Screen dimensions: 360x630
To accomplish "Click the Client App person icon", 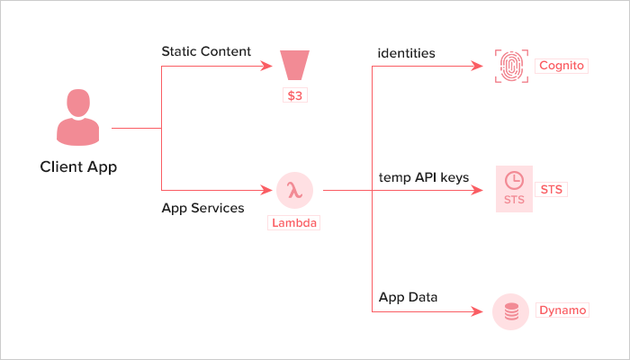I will (78, 119).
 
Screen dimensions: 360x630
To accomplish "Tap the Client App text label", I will (78, 166).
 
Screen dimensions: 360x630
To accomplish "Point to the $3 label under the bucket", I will (294, 95).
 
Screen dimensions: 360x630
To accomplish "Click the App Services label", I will (202, 208).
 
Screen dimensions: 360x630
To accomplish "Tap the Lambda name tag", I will (294, 222).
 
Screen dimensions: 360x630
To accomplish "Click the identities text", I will (407, 53).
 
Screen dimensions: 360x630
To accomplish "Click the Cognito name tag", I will (562, 66).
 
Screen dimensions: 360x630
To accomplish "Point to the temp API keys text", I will (423, 177).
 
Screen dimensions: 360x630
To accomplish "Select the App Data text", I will (408, 296).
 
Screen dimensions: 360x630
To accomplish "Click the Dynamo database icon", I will (512, 311).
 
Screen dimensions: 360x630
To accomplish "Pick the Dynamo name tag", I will (562, 310).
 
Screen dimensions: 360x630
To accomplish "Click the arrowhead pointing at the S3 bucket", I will (265, 66).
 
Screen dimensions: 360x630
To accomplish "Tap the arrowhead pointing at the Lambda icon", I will (266, 190).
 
